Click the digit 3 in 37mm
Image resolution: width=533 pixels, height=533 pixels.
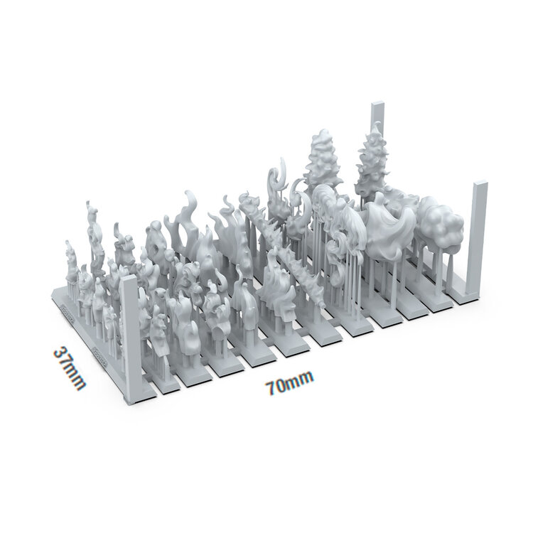click(x=60, y=354)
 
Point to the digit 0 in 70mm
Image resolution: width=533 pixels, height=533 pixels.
click(x=281, y=387)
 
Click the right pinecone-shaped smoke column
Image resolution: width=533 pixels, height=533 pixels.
click(x=374, y=160)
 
